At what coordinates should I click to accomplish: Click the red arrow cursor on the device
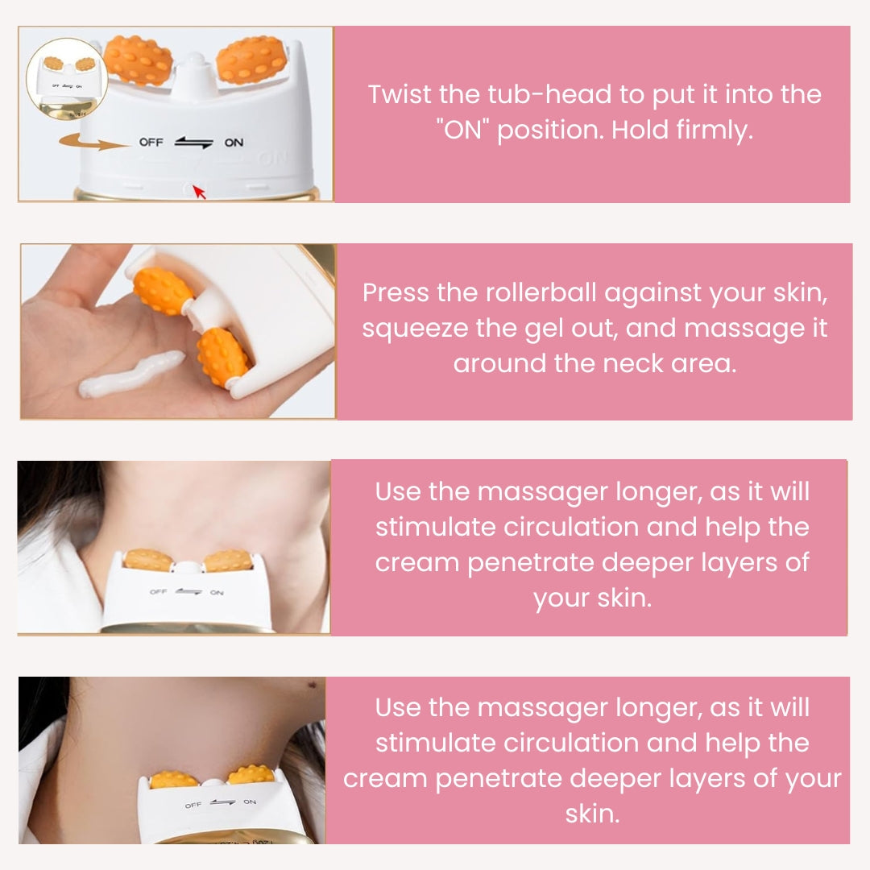tap(199, 192)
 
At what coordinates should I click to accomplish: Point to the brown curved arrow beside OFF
tap(94, 142)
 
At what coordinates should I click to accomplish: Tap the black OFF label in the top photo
tap(151, 143)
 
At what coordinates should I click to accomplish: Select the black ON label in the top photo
tap(234, 143)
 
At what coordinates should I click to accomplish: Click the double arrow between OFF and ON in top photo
tap(193, 143)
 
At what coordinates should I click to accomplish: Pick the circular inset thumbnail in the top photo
tap(67, 78)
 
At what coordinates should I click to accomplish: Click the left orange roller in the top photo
tap(138, 60)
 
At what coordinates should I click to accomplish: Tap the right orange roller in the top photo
tap(251, 59)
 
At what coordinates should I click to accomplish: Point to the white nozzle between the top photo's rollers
tap(193, 73)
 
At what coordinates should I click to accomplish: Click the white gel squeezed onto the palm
tap(131, 373)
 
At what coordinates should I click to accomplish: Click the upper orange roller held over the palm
tap(162, 292)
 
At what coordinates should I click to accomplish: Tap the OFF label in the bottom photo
tap(193, 805)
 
